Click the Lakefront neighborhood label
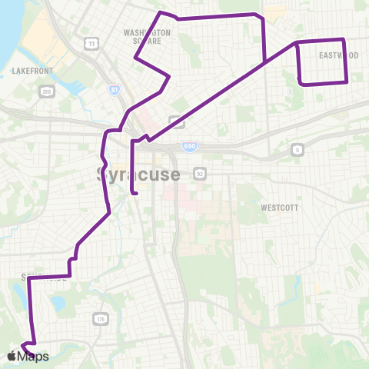[x=31, y=70]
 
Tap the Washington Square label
[x=147, y=38]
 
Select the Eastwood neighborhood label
[x=339, y=55]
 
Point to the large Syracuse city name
[x=139, y=174]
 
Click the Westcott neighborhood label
[x=279, y=208]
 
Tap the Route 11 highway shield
[x=91, y=44]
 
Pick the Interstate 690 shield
[x=190, y=145]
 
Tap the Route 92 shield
[x=199, y=173]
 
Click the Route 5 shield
[x=297, y=150]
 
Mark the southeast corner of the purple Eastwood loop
[x=347, y=82]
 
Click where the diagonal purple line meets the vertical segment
[x=264, y=61]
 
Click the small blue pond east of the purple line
[x=57, y=303]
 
